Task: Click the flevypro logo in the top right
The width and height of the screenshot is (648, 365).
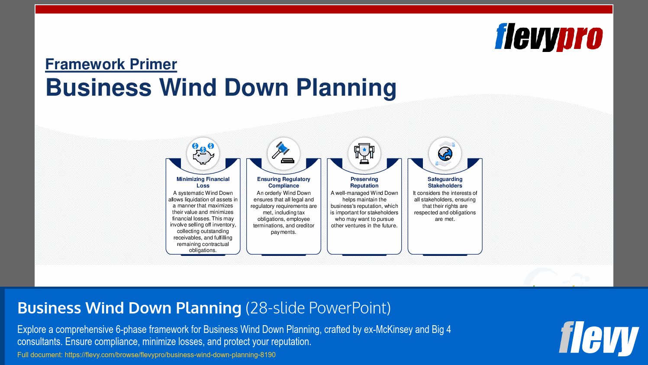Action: [548, 37]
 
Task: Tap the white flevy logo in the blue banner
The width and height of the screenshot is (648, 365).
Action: [599, 338]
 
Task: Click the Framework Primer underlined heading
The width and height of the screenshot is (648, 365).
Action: [111, 64]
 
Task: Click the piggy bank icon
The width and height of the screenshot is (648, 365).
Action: [203, 154]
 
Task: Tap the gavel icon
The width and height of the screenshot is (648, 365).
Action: [284, 153]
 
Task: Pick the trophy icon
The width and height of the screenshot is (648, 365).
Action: [364, 154]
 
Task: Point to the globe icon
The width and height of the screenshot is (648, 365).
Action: [445, 154]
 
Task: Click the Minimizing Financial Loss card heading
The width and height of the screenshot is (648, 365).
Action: [203, 182]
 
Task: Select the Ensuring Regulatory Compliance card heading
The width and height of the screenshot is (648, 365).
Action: [284, 182]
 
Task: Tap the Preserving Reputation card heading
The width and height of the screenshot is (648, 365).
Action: [364, 182]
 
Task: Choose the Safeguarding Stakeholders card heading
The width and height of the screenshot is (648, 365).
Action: [445, 182]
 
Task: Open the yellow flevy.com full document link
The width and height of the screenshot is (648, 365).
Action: [170, 355]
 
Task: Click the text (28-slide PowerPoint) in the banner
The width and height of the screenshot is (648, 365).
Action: [318, 308]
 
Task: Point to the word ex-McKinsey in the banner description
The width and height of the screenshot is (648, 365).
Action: [388, 329]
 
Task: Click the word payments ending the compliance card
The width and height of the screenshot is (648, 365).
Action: [283, 232]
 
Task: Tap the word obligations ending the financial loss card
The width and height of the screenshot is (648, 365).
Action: [202, 250]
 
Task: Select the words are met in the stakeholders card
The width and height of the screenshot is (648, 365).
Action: [445, 219]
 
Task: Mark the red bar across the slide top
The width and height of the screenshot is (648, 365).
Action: [324, 9]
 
